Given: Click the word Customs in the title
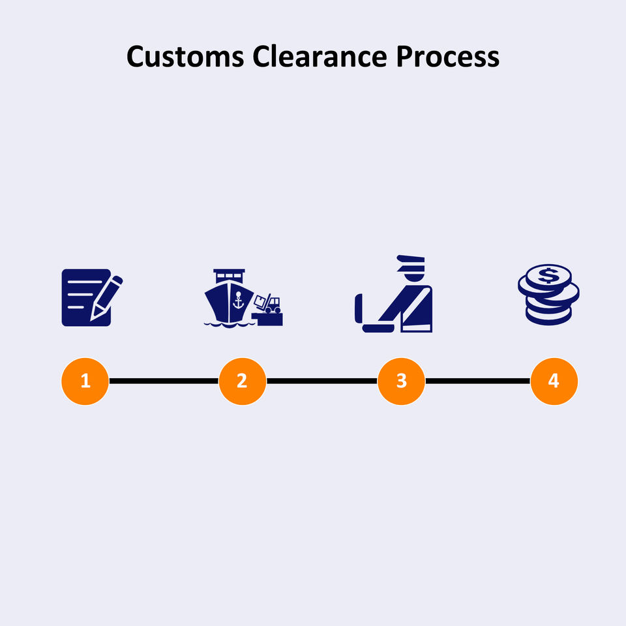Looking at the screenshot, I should [185, 57].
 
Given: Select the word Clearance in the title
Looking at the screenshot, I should [318, 57].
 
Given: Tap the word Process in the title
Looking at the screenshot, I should [447, 57].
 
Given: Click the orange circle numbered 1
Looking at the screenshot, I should [85, 381].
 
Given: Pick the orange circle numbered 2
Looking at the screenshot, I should [242, 381].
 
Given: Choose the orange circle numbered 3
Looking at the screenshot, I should [401, 381].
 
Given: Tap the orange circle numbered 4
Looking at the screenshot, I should [554, 381].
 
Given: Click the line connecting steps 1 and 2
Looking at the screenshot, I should [163, 381].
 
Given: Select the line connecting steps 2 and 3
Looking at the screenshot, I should [321, 381].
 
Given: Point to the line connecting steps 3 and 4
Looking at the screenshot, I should [477, 381].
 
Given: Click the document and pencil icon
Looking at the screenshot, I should [87, 297].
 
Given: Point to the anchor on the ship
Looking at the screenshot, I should [237, 301].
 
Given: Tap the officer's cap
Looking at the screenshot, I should [411, 261].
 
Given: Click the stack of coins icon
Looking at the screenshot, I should [548, 294].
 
